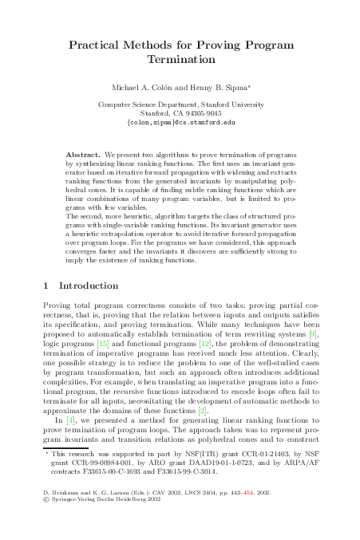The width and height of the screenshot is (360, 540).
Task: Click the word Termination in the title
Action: [x=181, y=60]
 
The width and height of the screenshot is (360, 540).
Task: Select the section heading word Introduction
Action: [x=97, y=285]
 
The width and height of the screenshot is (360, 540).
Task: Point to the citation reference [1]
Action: [x=71, y=420]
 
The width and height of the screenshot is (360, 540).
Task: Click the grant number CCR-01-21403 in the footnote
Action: [x=276, y=453]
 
